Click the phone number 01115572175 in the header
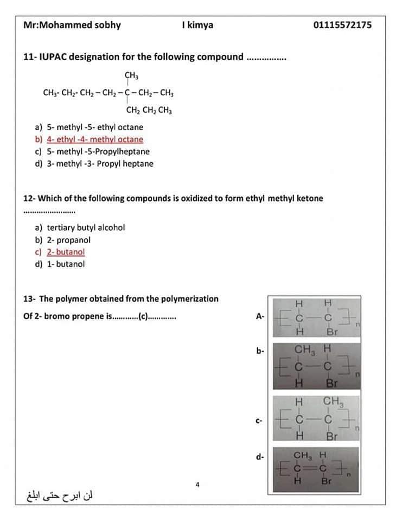(342, 25)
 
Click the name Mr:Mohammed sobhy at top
(72, 25)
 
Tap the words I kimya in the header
(197, 25)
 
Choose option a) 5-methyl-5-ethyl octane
(90, 127)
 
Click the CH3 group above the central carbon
(130, 75)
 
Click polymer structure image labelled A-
(316, 316)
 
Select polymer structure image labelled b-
(316, 365)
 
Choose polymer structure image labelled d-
(316, 467)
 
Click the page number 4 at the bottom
(198, 484)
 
